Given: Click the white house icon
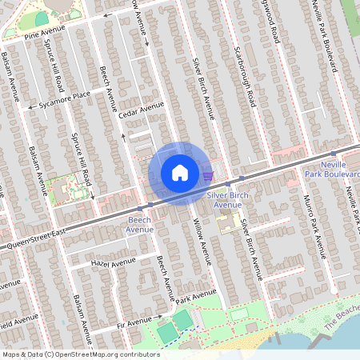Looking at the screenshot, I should [179, 173].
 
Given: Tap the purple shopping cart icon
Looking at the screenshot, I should [208, 175].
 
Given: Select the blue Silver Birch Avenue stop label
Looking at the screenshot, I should [227, 199].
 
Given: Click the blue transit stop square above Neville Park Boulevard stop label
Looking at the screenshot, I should [334, 152].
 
